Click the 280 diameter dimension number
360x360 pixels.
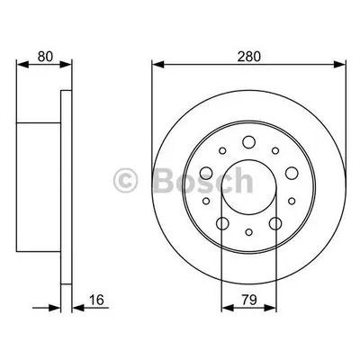click(x=249, y=56)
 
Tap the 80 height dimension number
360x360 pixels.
click(x=45, y=56)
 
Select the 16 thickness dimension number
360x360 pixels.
click(x=96, y=300)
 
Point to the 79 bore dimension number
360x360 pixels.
click(x=249, y=300)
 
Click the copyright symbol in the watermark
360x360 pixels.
click(x=125, y=180)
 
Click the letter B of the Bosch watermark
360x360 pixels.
click(x=166, y=180)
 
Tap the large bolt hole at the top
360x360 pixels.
click(x=248, y=142)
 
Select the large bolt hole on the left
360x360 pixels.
click(x=206, y=173)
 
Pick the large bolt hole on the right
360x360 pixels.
click(x=292, y=173)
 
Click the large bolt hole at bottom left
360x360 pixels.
click(x=222, y=223)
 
